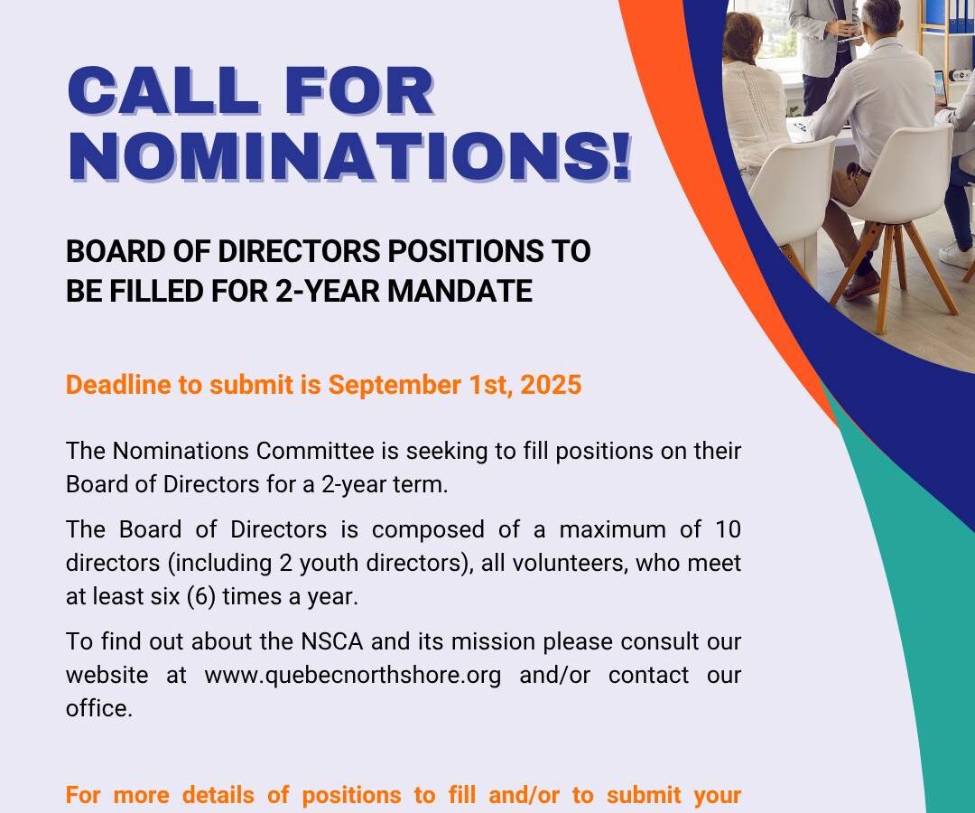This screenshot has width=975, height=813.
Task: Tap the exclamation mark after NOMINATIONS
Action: (x=619, y=156)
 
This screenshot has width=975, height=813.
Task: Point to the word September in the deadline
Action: (x=395, y=385)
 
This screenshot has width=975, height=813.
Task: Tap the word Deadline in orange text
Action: (x=118, y=385)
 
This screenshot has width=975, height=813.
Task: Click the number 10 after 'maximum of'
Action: (x=728, y=529)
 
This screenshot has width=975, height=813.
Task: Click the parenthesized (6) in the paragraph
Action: (x=201, y=596)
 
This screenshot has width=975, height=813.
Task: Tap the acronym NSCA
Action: (x=331, y=641)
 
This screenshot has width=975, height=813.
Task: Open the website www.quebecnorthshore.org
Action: (x=353, y=676)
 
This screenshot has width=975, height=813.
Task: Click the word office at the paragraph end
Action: (x=99, y=708)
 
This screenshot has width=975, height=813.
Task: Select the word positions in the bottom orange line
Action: (x=352, y=796)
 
